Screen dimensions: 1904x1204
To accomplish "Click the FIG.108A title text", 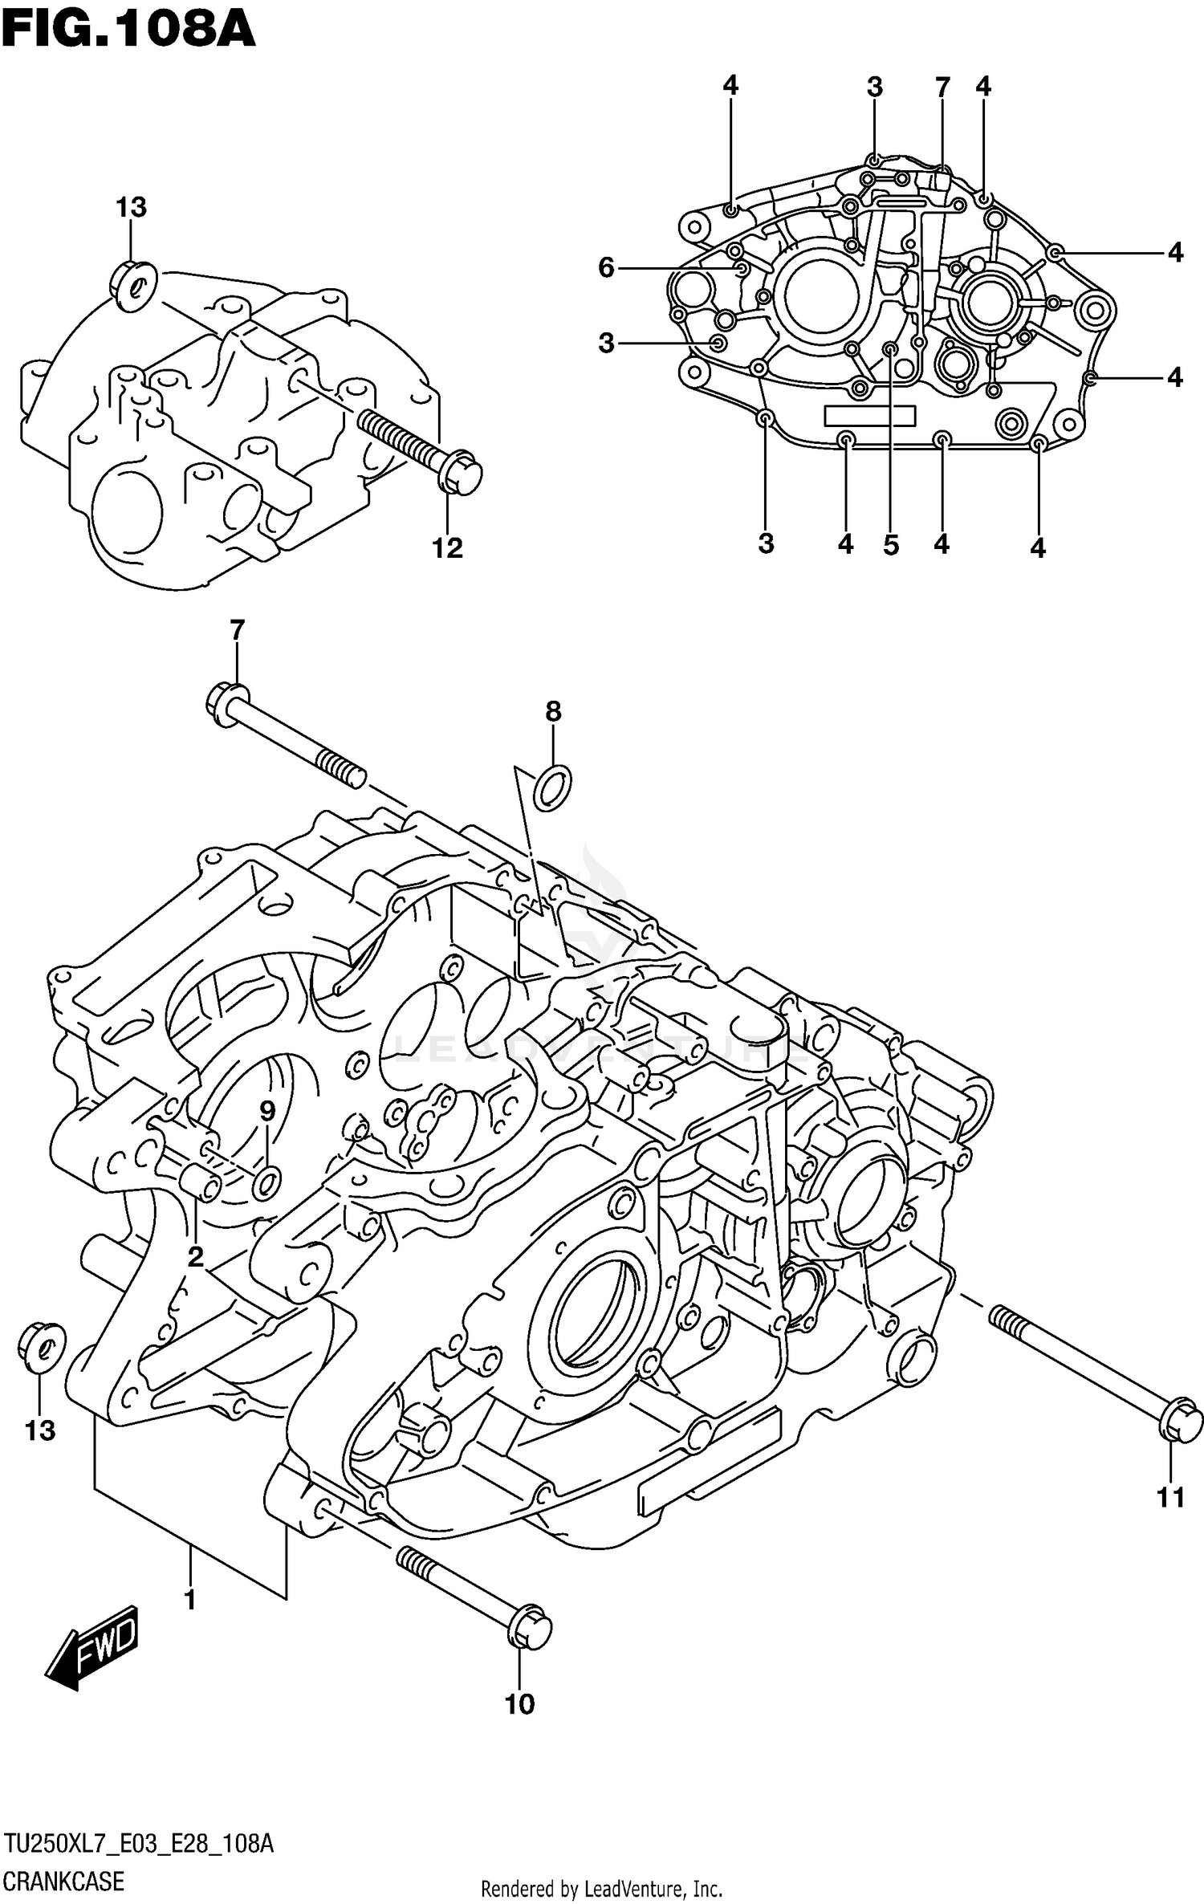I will (x=128, y=31).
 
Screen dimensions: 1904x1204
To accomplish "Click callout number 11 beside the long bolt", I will (x=1170, y=1497).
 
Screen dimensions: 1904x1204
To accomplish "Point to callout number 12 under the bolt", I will (x=447, y=548).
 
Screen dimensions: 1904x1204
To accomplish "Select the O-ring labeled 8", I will (x=552, y=787).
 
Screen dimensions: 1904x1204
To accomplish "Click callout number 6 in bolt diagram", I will (x=606, y=267).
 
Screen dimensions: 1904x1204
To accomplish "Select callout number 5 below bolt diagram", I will (x=890, y=545).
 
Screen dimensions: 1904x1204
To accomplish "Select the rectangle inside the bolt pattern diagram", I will (x=869, y=415).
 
